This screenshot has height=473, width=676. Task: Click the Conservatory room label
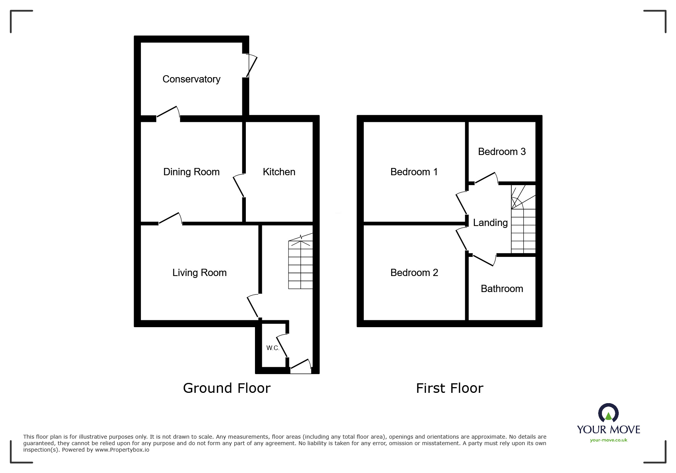point(191,79)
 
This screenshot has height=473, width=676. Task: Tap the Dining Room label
point(191,172)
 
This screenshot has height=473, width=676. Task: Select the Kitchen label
point(279,172)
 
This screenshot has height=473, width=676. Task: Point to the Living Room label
point(199,273)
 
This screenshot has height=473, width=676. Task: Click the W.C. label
point(273,348)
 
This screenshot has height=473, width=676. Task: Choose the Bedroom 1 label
point(414,172)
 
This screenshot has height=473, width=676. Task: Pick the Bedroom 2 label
point(414,273)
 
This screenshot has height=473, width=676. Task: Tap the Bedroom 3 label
point(502,152)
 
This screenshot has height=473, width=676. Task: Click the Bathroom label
point(502,289)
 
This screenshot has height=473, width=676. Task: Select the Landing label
point(490,223)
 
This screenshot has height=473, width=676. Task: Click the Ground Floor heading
point(227,388)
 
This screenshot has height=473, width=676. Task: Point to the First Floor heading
point(449,388)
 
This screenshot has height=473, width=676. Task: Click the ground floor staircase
point(300,263)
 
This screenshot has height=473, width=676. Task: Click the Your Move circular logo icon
point(608,413)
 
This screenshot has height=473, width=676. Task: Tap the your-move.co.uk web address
point(608,440)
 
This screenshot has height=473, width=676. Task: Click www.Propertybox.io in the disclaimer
point(122,450)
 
